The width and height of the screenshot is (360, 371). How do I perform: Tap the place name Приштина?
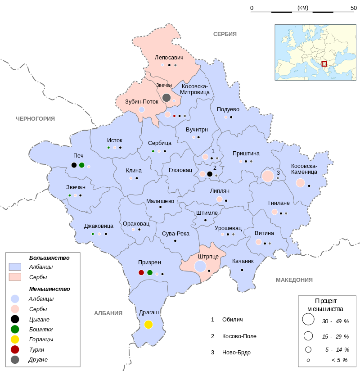(245, 154)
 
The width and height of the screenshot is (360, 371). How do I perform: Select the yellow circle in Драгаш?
(148, 324)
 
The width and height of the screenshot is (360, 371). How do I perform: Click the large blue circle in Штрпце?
(200, 266)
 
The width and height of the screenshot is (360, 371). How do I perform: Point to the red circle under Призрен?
(141, 272)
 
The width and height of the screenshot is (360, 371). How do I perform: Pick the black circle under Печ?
(74, 165)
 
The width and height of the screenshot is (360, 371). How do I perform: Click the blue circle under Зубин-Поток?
(141, 109)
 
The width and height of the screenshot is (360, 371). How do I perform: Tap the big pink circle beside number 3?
(268, 176)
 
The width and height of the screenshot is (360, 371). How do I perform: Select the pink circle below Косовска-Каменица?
(300, 182)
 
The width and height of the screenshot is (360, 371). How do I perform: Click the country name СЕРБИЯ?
(225, 34)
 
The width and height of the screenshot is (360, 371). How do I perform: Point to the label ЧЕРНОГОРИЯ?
(35, 118)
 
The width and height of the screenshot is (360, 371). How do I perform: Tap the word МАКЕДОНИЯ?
(294, 280)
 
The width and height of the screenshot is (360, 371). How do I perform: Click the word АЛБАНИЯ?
(108, 313)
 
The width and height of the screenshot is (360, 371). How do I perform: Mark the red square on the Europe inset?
(324, 64)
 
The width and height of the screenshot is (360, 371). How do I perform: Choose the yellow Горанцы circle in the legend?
(15, 339)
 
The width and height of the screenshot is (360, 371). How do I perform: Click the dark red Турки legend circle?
(15, 349)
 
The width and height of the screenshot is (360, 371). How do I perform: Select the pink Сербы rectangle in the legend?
(15, 277)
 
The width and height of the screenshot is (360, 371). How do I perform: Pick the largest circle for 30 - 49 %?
(308, 320)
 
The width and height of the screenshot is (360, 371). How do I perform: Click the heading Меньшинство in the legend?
(49, 289)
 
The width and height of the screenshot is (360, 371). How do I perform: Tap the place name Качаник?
(243, 261)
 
